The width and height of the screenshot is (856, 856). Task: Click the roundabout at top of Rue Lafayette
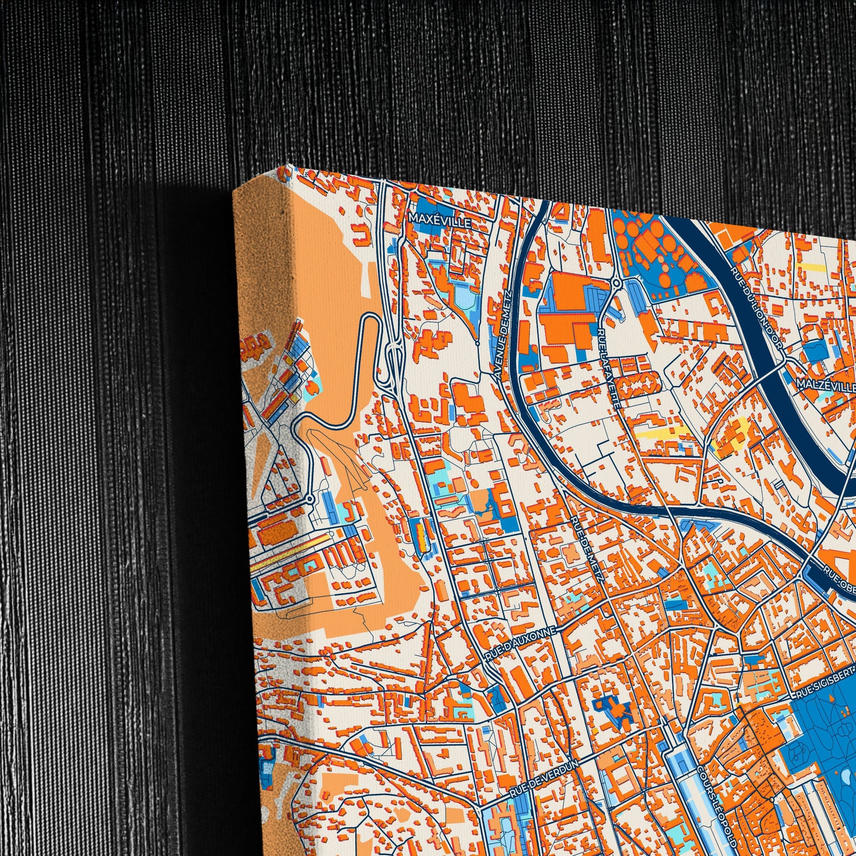pos(615,282)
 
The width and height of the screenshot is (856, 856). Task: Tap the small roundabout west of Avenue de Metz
pos(477,343)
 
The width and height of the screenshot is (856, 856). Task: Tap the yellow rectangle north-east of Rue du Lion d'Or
pos(810,267)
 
